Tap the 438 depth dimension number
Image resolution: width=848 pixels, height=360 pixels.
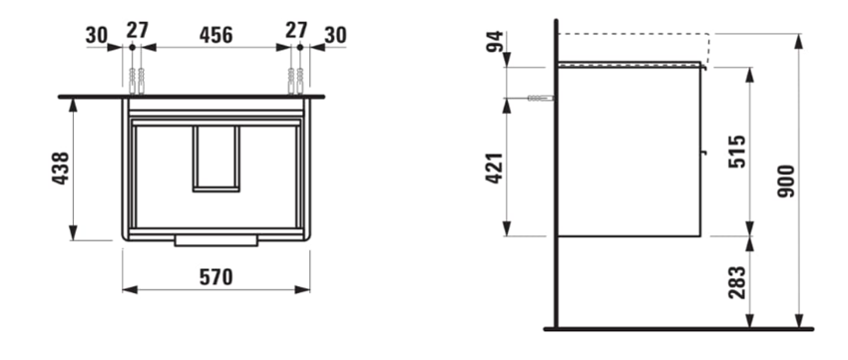click(61, 171)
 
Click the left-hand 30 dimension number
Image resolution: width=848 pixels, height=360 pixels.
click(97, 35)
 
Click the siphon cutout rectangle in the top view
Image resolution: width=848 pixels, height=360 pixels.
click(215, 158)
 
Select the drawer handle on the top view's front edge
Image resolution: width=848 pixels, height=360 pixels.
click(216, 240)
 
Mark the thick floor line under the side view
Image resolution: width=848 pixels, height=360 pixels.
click(678, 328)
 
